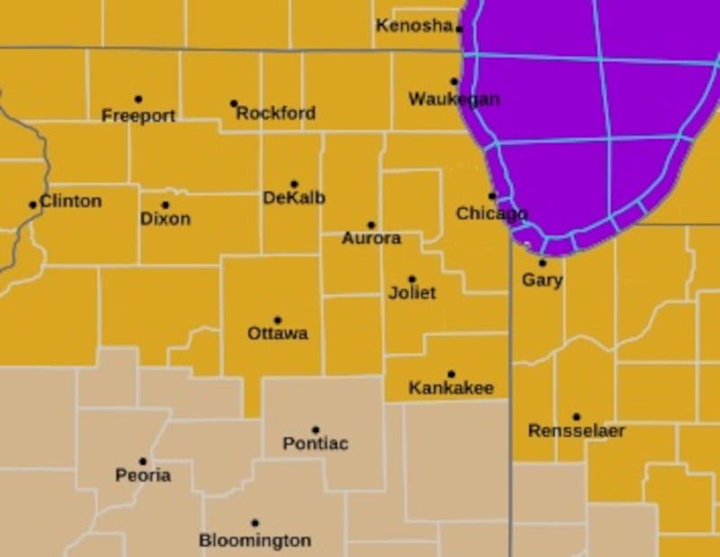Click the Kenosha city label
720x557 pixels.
pyautogui.click(x=414, y=25)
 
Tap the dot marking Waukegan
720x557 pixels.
pyautogui.click(x=454, y=82)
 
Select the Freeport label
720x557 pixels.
pyautogui.click(x=138, y=116)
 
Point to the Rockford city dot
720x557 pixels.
pyautogui.click(x=233, y=103)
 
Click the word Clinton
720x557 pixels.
pyautogui.click(x=71, y=201)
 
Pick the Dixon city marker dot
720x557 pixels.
pyautogui.click(x=166, y=205)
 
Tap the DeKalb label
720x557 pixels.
pyautogui.click(x=293, y=198)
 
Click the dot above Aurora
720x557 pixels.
pyautogui.click(x=371, y=225)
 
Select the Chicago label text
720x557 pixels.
pyautogui.click(x=491, y=213)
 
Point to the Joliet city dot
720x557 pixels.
pyautogui.click(x=412, y=279)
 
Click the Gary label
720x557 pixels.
pyautogui.click(x=543, y=280)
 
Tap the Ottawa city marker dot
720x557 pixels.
pyautogui.click(x=277, y=320)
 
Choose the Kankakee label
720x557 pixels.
pyautogui.click(x=451, y=389)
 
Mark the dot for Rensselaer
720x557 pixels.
pyautogui.click(x=576, y=417)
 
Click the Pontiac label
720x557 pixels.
pyautogui.click(x=315, y=444)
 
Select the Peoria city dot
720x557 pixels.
pyautogui.click(x=142, y=462)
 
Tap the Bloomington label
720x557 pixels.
pyautogui.click(x=255, y=541)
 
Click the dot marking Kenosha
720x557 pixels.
pyautogui.click(x=459, y=29)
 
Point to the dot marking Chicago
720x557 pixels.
pyautogui.click(x=492, y=196)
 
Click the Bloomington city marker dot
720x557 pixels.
pyautogui.click(x=255, y=523)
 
